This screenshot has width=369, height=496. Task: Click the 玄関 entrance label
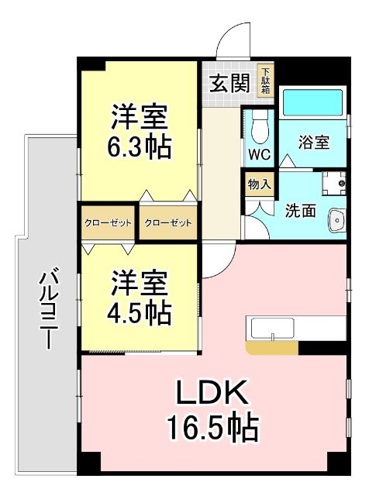(x=229, y=81)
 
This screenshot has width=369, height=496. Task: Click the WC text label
(x=259, y=153)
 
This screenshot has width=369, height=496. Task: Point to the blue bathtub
(x=312, y=102)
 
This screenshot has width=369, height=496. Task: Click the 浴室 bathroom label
(x=314, y=143)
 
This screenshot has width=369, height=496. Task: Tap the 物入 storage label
(x=259, y=184)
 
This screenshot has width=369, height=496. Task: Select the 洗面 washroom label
(x=300, y=209)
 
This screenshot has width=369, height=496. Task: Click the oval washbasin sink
(x=337, y=221)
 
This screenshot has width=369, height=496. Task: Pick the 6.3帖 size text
(x=140, y=147)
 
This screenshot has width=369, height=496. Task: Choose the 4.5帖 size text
(x=140, y=313)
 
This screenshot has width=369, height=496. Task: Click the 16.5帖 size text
(x=211, y=427)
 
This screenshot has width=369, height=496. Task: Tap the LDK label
(x=211, y=394)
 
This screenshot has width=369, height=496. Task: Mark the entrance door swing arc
(x=233, y=36)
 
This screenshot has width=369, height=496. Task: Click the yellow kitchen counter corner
(x=272, y=348)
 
